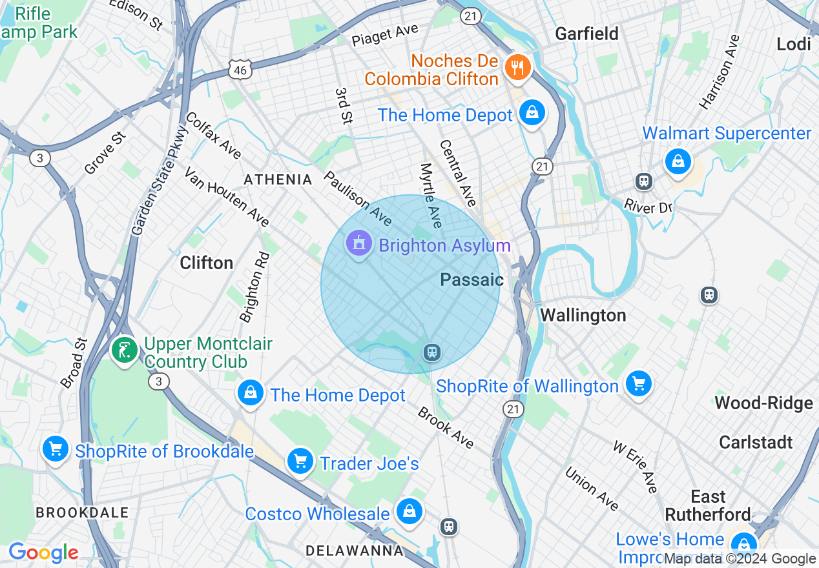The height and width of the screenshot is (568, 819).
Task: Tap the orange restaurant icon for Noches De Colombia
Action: click(517, 66)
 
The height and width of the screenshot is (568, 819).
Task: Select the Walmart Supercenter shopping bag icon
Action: click(678, 160)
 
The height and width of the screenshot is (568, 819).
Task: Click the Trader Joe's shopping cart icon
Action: click(300, 462)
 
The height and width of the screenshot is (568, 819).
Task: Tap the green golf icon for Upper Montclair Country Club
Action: click(124, 350)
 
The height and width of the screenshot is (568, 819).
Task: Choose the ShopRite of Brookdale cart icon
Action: click(55, 449)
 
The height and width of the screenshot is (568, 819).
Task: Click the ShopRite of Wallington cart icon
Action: click(638, 384)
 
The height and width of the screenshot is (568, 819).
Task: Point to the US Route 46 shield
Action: click(240, 70)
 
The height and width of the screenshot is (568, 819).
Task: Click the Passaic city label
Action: click(472, 279)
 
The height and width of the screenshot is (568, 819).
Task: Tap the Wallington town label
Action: click(583, 315)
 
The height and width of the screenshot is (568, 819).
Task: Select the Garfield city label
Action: click(587, 33)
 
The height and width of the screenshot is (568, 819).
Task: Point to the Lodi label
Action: click(794, 43)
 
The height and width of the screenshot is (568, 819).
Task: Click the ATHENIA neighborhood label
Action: click(277, 179)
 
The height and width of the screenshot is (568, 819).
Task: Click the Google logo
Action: click(43, 553)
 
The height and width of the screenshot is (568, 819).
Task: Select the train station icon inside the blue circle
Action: click(431, 352)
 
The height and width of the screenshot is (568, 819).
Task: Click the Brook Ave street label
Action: click(446, 427)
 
